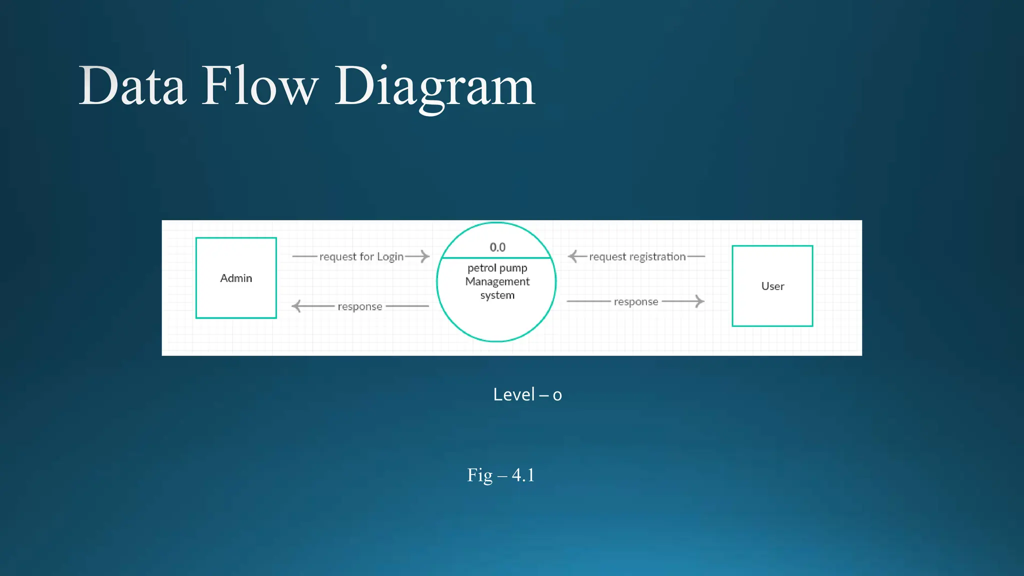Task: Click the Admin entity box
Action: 236,278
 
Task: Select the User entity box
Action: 772,286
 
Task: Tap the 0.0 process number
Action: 497,247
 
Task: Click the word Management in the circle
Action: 497,281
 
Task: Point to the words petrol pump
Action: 497,268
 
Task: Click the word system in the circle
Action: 497,295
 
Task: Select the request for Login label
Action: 361,256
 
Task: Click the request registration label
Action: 637,256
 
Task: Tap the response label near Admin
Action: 359,306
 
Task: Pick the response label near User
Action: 635,301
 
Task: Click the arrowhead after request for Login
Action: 425,256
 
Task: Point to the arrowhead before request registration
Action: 573,256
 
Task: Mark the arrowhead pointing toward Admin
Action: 296,306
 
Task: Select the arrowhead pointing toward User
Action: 699,301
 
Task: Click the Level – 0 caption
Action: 527,394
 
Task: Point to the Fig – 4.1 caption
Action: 500,474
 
